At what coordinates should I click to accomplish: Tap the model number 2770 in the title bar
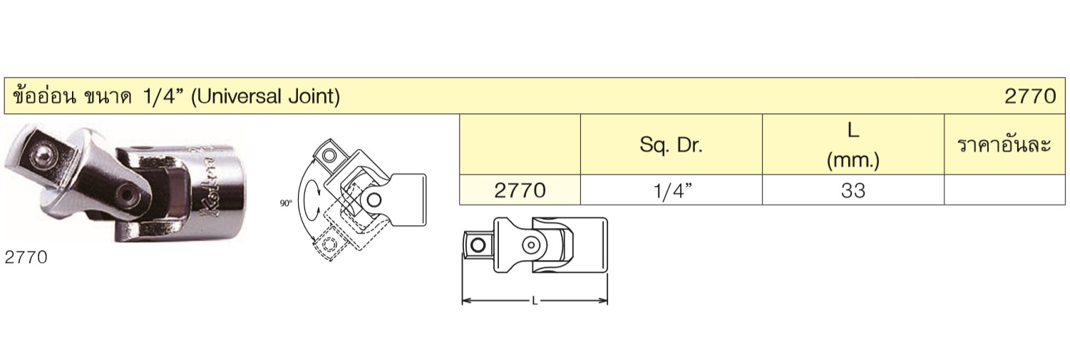[1030, 96]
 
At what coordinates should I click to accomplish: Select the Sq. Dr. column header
[671, 145]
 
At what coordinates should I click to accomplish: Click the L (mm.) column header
[853, 145]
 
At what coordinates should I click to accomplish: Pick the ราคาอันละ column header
[1004, 145]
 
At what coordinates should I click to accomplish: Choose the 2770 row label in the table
[520, 190]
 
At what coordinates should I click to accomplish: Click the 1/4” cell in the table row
[672, 191]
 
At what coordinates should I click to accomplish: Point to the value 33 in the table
[853, 190]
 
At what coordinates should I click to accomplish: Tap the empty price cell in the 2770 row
[1004, 190]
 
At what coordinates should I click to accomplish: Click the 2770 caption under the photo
[26, 258]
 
